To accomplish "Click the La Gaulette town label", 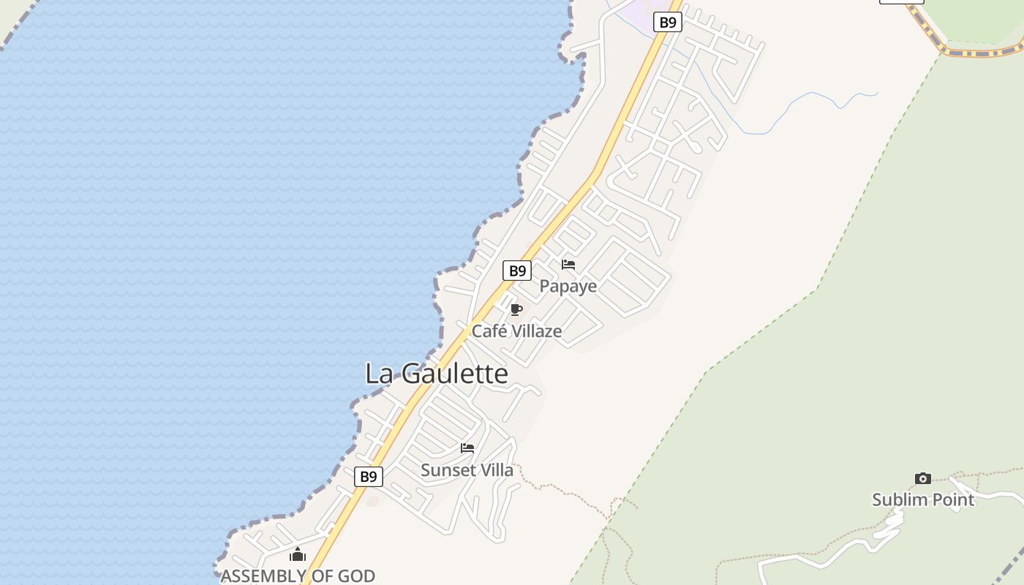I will click(436, 374).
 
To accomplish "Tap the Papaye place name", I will click(568, 286).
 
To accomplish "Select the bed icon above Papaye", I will click(568, 265).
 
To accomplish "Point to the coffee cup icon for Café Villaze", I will click(516, 309).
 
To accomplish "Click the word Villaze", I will click(536, 331).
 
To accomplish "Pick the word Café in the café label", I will click(488, 331).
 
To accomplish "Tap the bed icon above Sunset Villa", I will click(467, 448).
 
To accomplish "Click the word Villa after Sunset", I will click(494, 470).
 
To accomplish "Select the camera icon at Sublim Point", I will click(923, 478).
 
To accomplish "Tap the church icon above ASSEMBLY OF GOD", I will click(297, 555).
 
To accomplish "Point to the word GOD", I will click(357, 576).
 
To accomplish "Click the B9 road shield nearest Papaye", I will click(517, 271).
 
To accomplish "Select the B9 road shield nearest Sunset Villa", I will click(369, 477).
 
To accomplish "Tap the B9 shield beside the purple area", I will click(667, 22).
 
